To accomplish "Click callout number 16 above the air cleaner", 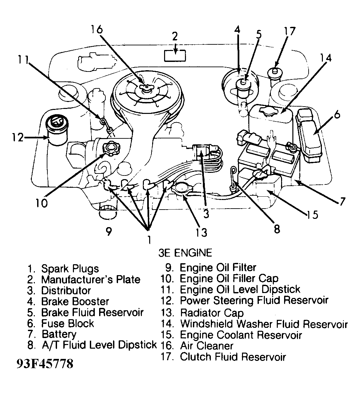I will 97,29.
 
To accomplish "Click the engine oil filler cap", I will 110,148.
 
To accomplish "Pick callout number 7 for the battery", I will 341,201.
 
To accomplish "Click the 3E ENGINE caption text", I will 185,253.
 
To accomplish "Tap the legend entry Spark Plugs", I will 70,269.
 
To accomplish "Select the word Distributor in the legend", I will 66,291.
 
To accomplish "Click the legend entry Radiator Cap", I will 211,313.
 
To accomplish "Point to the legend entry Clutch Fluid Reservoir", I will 233,357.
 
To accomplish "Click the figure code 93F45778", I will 45,364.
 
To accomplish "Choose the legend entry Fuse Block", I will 67,323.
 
